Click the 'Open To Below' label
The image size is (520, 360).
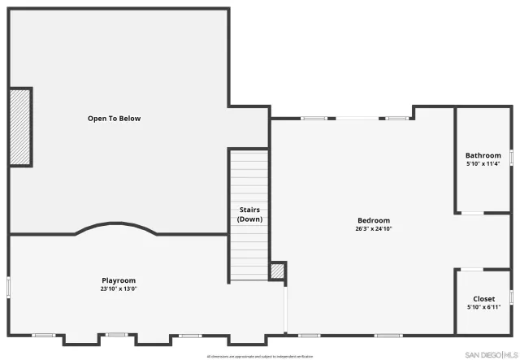pyautogui.click(x=114, y=119)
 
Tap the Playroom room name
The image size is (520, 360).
pyautogui.click(x=119, y=280)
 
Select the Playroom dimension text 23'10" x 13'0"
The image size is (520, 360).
pyautogui.click(x=119, y=288)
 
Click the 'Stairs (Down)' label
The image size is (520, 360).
pyautogui.click(x=249, y=215)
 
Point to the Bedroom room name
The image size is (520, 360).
pyautogui.click(x=374, y=220)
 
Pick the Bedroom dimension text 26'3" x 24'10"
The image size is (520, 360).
pyautogui.click(x=374, y=228)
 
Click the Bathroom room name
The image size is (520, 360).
pyautogui.click(x=483, y=155)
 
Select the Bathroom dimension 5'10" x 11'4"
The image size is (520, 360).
pyautogui.click(x=483, y=163)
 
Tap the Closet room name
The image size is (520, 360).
pyautogui.click(x=483, y=299)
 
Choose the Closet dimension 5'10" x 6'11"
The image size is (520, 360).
pyautogui.click(x=483, y=307)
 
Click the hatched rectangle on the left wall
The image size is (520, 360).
pyautogui.click(x=19, y=128)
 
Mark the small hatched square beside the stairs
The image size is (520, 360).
pyautogui.click(x=277, y=271)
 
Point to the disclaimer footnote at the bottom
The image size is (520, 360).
pyautogui.click(x=259, y=356)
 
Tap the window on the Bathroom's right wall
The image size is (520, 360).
pyautogui.click(x=511, y=154)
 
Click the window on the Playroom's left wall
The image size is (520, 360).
pyautogui.click(x=8, y=287)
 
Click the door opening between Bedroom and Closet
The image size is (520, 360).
pyautogui.click(x=470, y=269)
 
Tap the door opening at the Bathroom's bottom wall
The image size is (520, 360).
pyautogui.click(x=472, y=214)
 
